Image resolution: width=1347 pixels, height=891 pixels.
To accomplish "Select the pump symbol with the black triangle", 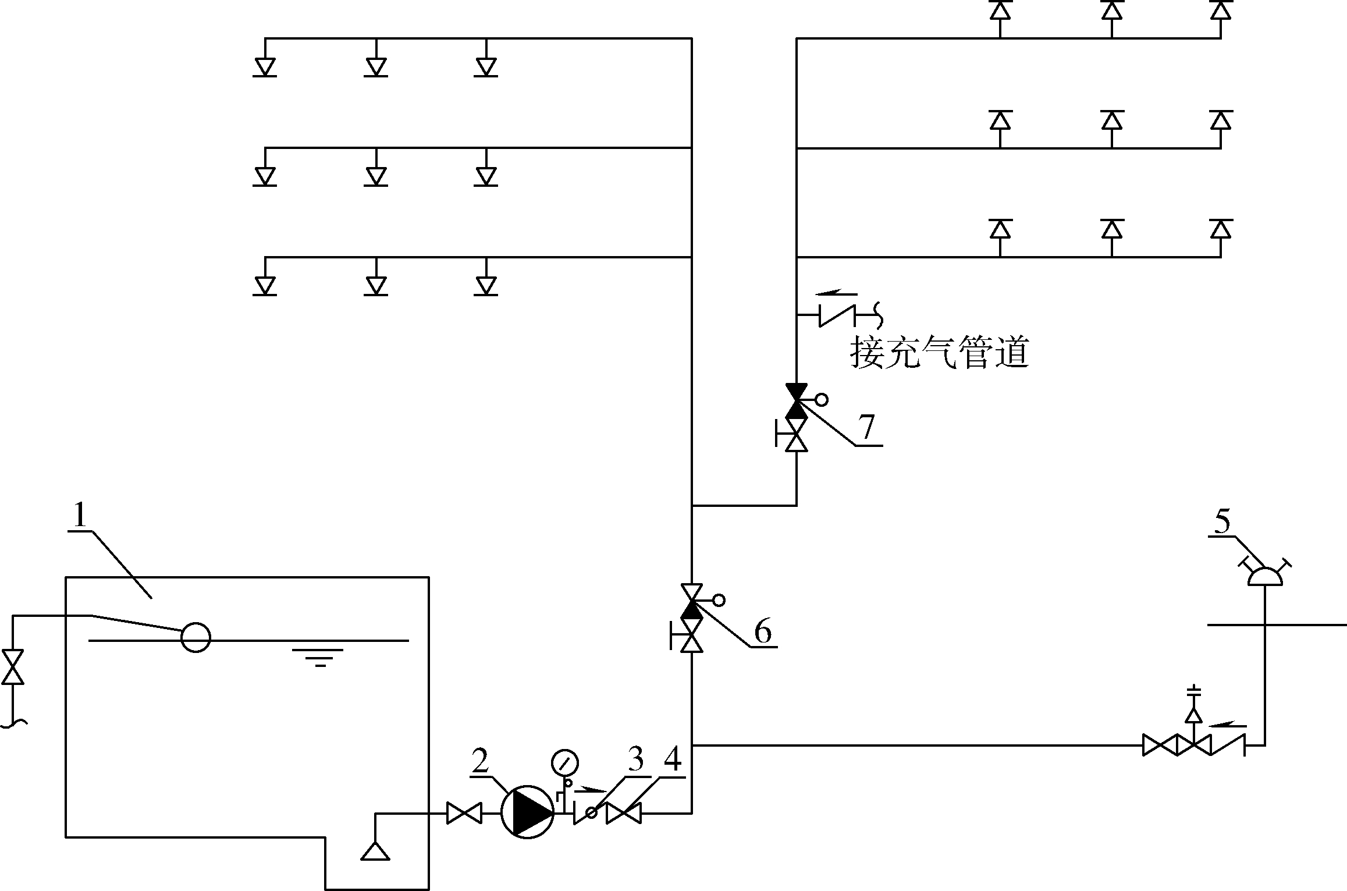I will (527, 812).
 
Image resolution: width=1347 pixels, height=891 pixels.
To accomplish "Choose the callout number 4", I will (673, 761).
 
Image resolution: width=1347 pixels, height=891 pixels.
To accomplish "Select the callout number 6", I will (763, 631).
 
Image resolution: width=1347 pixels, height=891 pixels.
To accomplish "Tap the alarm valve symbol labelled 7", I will (796, 401).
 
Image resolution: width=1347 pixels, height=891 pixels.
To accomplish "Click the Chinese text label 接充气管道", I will (940, 353).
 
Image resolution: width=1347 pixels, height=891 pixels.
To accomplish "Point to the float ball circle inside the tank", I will (196, 637).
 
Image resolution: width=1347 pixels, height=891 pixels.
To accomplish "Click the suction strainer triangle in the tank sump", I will (375, 850).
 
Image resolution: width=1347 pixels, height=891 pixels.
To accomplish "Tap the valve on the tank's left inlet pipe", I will (13, 667).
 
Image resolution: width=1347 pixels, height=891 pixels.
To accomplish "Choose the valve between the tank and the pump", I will (464, 813).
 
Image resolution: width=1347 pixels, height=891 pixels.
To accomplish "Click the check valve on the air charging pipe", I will (838, 315).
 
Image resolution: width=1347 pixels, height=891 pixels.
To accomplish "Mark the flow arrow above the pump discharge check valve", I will (591, 790).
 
